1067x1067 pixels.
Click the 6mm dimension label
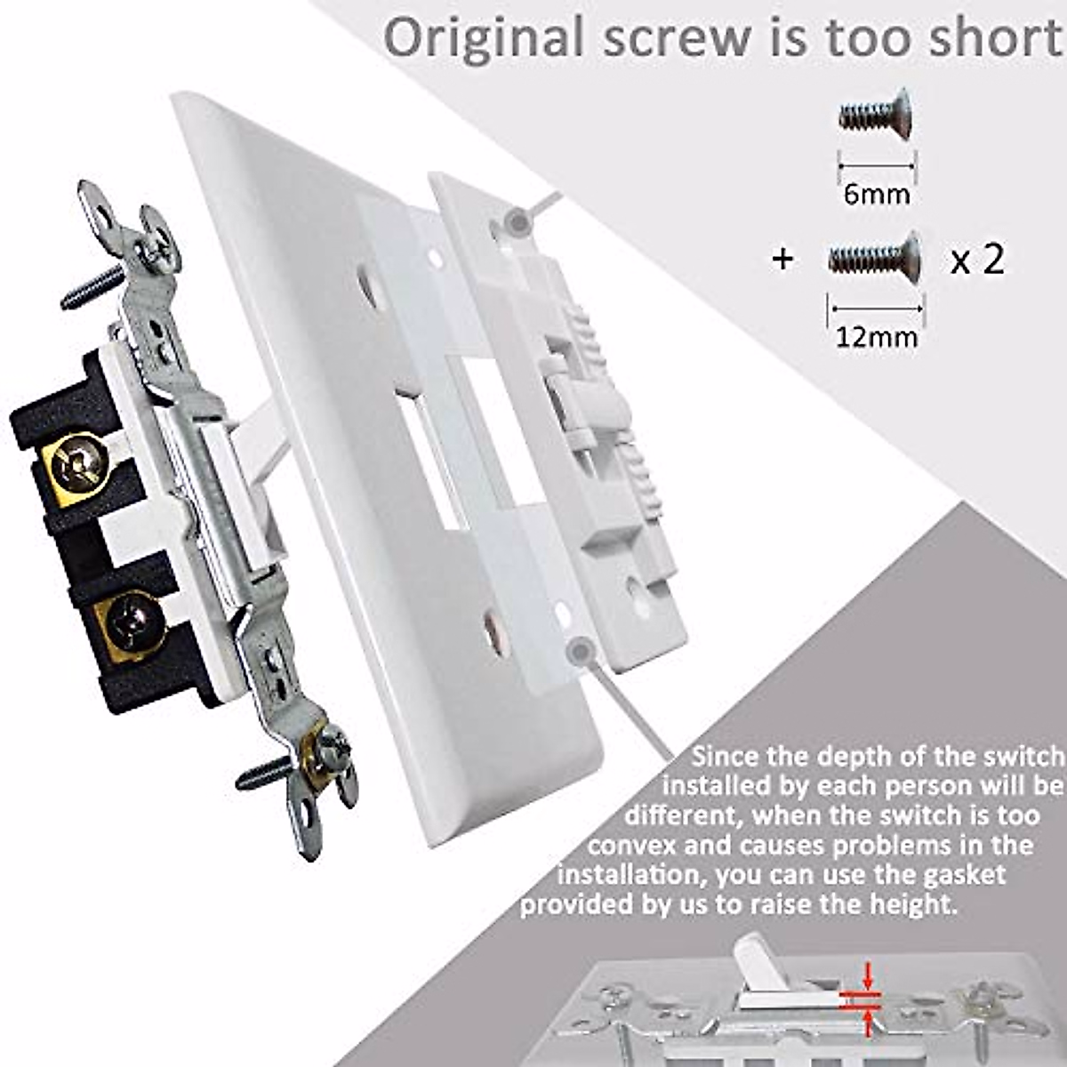(x=877, y=193)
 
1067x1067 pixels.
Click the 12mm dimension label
(x=876, y=337)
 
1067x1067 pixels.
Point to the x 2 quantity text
(x=977, y=260)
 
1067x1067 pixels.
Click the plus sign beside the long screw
(x=782, y=261)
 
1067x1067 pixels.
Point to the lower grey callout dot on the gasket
(x=581, y=651)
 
